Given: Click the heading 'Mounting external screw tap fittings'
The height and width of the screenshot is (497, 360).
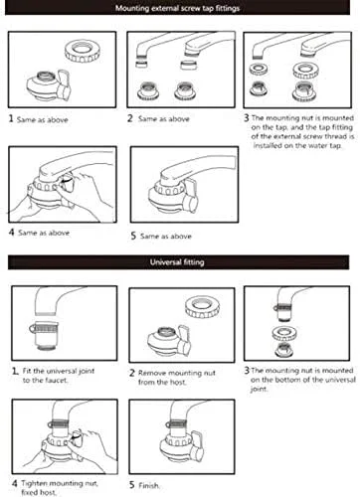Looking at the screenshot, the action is coord(177,8).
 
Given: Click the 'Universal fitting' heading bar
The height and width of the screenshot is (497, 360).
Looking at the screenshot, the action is coord(178,262).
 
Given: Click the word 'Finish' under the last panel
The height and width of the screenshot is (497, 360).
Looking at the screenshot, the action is coord(148,486).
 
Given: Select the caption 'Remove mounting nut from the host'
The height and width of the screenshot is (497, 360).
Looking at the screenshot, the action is coord(177,378).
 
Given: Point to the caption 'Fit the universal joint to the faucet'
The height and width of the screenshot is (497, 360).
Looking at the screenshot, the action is coord(59,376).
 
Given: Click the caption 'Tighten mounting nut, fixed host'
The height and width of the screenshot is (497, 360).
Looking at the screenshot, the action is coord(60,488).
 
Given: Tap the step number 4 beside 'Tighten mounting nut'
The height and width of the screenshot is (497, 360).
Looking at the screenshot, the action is coord(15,483).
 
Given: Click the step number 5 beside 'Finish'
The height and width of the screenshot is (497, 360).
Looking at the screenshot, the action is coord(132,485).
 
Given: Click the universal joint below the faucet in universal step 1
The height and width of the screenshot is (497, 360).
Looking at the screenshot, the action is coord(44,335).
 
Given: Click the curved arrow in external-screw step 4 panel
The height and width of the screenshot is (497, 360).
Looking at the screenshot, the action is coord(67,180).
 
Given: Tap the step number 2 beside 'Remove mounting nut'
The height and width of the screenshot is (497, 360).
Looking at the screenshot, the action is coord(132,373).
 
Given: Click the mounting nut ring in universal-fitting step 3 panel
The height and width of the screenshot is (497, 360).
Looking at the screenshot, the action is coord(284,333).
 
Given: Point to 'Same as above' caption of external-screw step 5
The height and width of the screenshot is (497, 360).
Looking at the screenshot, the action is coord(166,237).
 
